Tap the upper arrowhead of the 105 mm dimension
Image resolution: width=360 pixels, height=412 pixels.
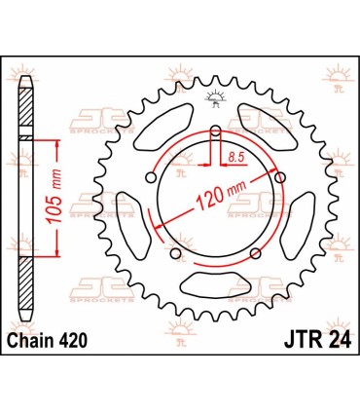click(x=59, y=142)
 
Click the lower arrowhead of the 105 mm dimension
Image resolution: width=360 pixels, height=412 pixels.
click(x=59, y=250)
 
